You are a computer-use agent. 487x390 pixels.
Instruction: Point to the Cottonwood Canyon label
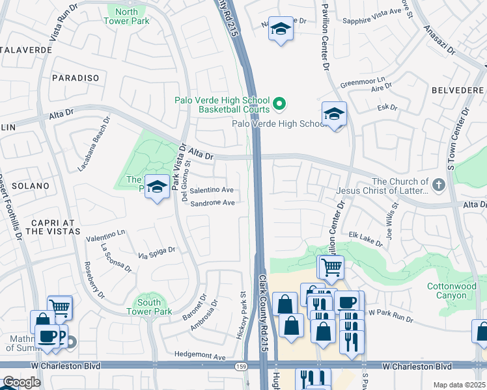[x=447, y=291]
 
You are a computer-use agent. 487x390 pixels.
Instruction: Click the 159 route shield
[x=240, y=366]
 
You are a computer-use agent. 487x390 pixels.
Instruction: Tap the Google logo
[x=21, y=382]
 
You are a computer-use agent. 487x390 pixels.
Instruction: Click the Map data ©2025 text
[x=460, y=385]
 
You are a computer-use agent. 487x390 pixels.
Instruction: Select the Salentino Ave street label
[x=212, y=190]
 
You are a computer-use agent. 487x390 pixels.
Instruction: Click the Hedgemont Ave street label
[x=200, y=356]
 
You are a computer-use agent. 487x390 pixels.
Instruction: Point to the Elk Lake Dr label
[x=366, y=239]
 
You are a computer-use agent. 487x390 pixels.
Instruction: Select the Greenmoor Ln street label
[x=363, y=83]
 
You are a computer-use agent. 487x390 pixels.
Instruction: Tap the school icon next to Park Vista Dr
[x=157, y=187]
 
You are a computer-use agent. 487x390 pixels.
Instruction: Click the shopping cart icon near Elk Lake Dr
[x=331, y=266]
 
